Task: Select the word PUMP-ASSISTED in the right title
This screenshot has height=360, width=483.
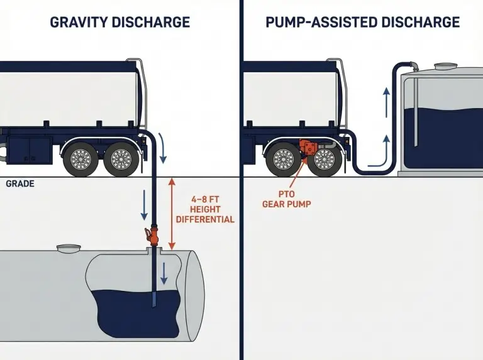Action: click(x=311, y=23)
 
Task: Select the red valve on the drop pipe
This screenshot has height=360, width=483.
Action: click(x=151, y=237)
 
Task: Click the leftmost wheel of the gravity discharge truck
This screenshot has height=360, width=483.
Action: click(x=80, y=159)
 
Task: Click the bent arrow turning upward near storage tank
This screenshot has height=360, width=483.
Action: click(x=377, y=155)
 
